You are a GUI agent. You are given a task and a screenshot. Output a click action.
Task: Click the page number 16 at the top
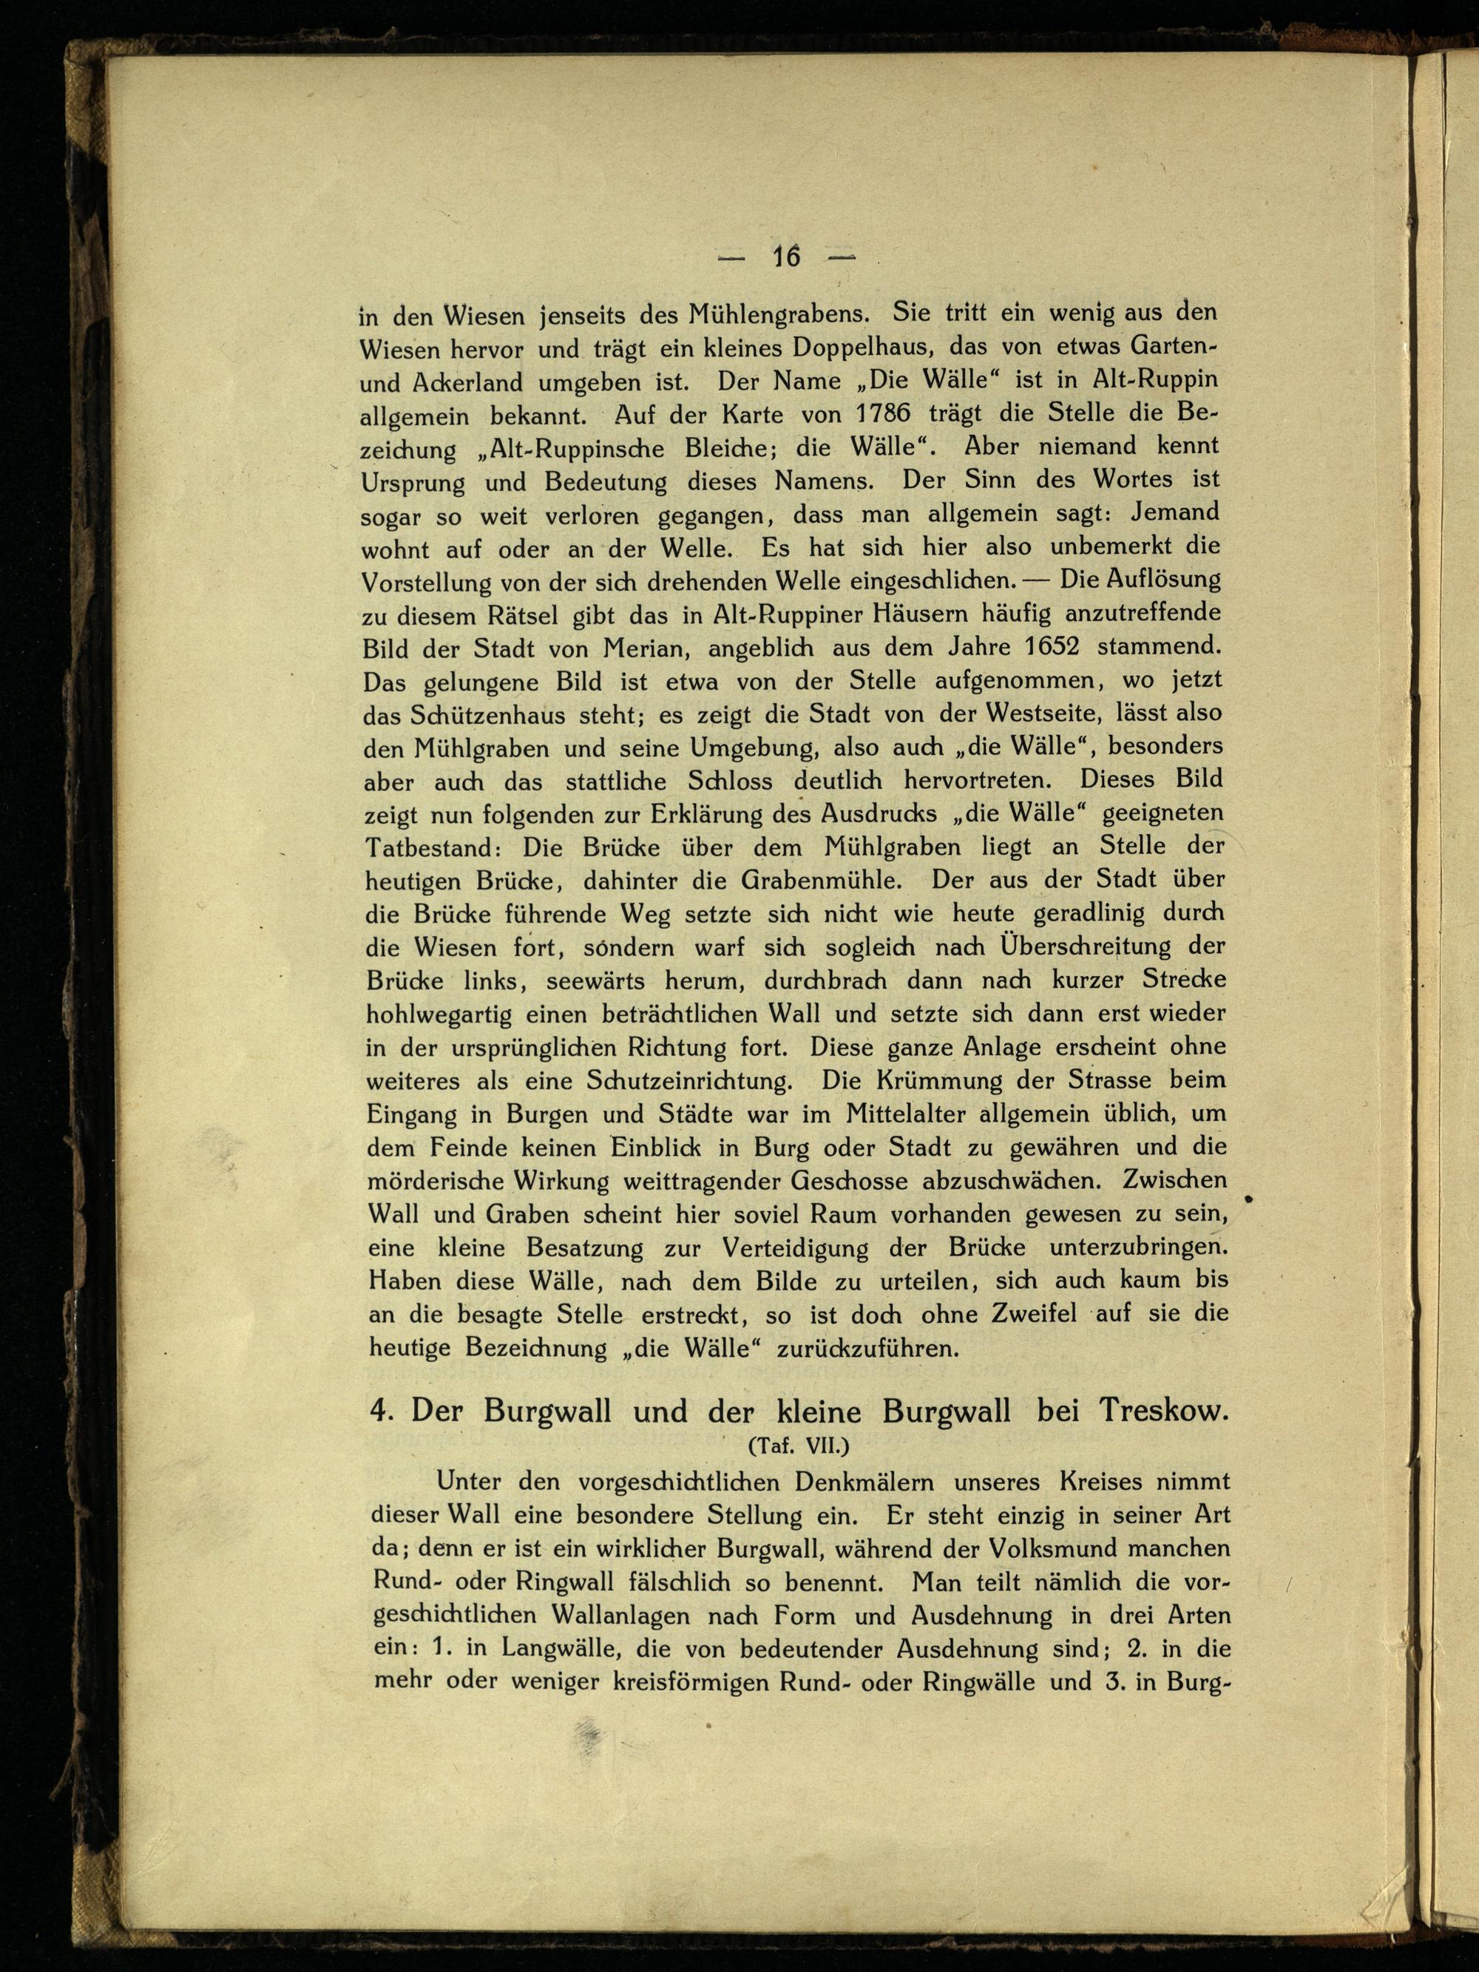coord(786,257)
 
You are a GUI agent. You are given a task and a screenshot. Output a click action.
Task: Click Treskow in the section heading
coord(1163,1412)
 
